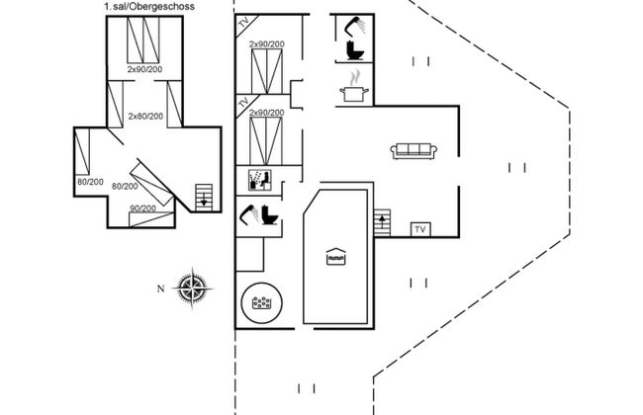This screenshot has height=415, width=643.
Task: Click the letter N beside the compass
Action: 159,289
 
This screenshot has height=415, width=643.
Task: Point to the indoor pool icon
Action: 336,257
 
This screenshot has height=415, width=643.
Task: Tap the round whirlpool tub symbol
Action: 263,303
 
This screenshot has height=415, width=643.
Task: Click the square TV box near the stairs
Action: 419,229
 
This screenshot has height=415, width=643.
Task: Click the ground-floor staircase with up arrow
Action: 383,220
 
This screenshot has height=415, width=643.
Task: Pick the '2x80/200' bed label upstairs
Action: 145,116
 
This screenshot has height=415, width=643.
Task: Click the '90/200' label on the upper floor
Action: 142,208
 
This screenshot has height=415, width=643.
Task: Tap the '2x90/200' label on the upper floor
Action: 145,70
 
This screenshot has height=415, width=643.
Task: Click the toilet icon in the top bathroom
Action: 351,50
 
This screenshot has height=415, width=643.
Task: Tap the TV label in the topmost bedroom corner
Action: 243,24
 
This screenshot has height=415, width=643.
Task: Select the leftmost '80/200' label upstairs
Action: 90,181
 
